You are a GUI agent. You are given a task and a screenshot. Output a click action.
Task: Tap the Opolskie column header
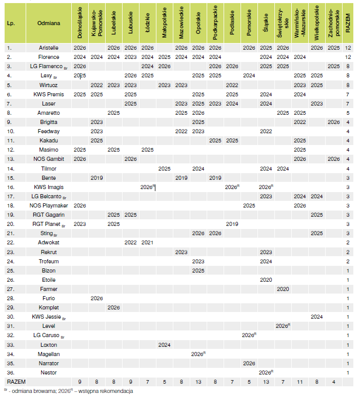198,24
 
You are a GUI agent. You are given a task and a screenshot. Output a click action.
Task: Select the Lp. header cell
11,24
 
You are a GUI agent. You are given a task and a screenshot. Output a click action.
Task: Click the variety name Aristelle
49,48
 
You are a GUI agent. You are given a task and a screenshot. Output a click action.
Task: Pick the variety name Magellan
49,354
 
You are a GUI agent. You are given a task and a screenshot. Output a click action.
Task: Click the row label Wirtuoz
49,85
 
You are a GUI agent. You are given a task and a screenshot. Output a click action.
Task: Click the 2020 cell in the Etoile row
266,280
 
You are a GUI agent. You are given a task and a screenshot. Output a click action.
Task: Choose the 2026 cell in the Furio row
97,298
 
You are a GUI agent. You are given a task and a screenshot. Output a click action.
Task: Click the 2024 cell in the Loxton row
164,345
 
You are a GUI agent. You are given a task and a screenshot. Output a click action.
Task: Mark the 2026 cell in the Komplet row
114,307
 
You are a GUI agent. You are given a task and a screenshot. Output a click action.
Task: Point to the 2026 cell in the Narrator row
249,363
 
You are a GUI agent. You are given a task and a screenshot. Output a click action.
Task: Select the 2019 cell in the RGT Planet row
232,224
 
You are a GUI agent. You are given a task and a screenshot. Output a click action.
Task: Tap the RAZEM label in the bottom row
16,382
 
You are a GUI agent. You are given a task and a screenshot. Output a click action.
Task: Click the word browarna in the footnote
36,391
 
